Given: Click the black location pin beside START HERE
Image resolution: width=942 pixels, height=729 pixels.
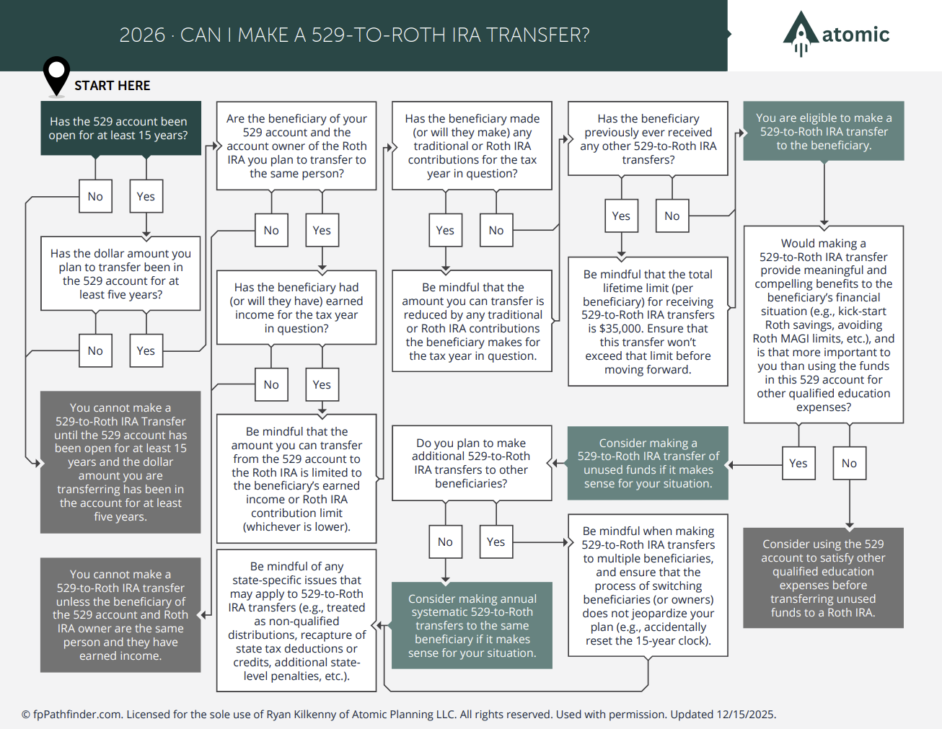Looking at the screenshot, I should pyautogui.click(x=56, y=74).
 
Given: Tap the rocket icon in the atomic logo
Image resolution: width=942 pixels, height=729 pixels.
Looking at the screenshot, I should pyautogui.click(x=800, y=33).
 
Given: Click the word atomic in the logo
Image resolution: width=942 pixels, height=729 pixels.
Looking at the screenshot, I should pyautogui.click(x=855, y=35).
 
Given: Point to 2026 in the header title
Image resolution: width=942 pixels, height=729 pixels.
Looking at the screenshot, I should pyautogui.click(x=142, y=35).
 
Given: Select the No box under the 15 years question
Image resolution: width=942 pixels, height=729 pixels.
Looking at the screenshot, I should pyautogui.click(x=95, y=197).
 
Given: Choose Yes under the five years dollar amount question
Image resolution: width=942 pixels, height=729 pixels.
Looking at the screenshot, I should pyautogui.click(x=146, y=351).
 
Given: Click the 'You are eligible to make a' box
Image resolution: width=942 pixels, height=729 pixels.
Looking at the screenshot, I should pyautogui.click(x=824, y=131).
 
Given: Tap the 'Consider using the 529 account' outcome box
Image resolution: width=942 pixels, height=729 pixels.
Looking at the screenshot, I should pyautogui.click(x=823, y=578).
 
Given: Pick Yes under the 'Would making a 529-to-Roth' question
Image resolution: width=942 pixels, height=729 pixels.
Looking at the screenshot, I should pyautogui.click(x=798, y=464).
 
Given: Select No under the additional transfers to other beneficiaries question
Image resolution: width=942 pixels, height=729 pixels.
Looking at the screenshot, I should pyautogui.click(x=445, y=542).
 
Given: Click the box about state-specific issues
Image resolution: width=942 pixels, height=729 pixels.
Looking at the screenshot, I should pyautogui.click(x=296, y=621).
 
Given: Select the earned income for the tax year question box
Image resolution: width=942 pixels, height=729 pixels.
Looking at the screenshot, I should pyautogui.click(x=296, y=308).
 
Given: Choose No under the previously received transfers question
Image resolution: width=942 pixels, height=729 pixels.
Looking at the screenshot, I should pyautogui.click(x=672, y=216).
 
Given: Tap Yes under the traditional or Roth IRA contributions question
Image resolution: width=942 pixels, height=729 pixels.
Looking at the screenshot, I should pyautogui.click(x=445, y=231).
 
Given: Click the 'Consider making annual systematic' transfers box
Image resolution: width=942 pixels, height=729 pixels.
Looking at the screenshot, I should pyautogui.click(x=472, y=625).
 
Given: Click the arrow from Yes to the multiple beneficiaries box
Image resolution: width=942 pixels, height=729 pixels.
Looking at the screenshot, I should pyautogui.click(x=541, y=542).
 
